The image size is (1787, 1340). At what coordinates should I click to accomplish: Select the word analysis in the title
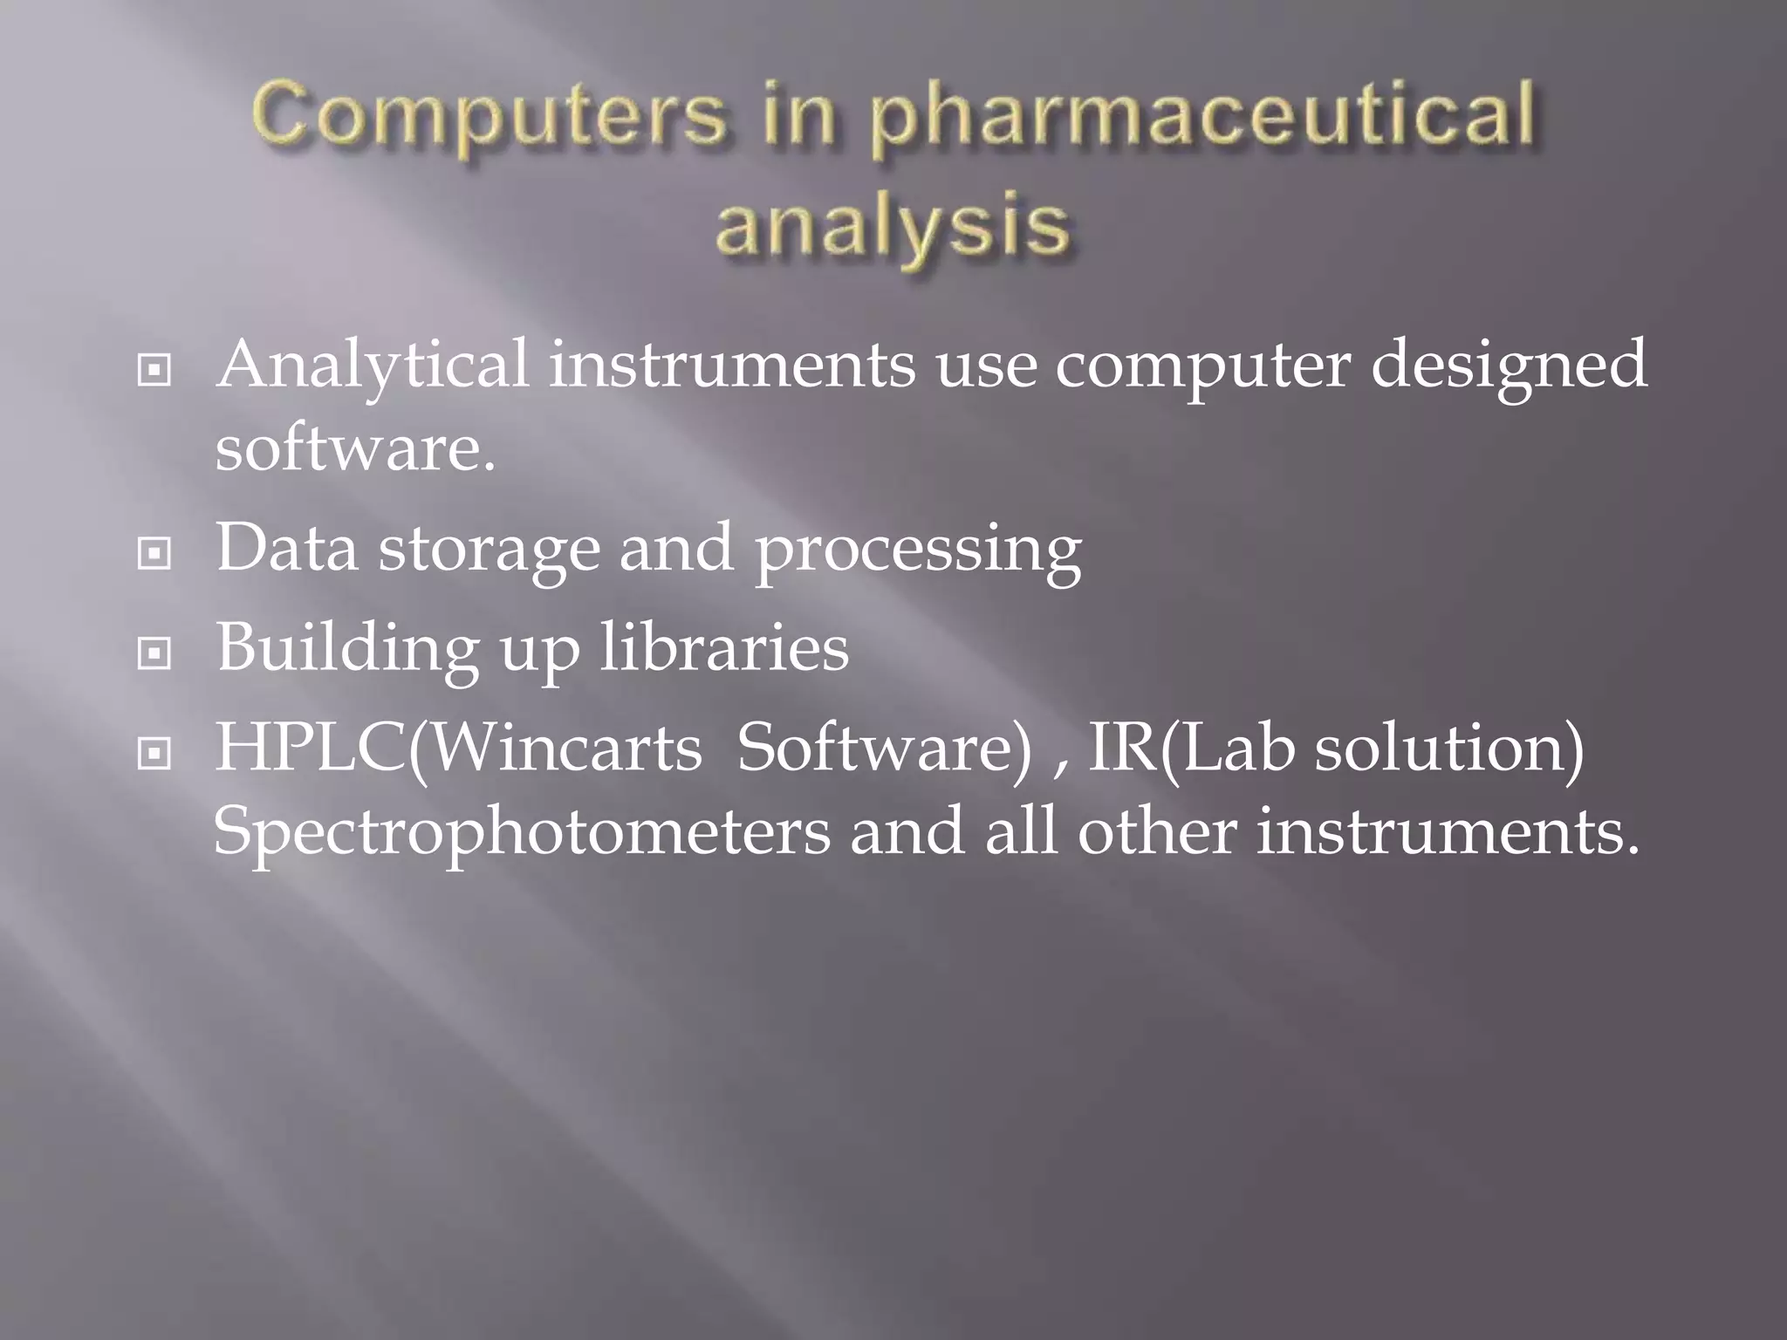tap(892, 226)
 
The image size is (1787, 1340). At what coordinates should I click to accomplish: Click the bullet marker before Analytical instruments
tap(154, 371)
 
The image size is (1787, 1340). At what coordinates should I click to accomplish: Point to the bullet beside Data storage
tap(154, 553)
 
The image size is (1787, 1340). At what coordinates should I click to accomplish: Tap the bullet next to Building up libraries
tap(154, 653)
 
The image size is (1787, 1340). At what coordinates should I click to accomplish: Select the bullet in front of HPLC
tap(154, 753)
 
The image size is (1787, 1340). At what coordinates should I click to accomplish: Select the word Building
tap(347, 650)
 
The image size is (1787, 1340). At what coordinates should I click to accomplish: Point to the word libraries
tap(724, 648)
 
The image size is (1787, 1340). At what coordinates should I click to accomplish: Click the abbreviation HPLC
tap(311, 748)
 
